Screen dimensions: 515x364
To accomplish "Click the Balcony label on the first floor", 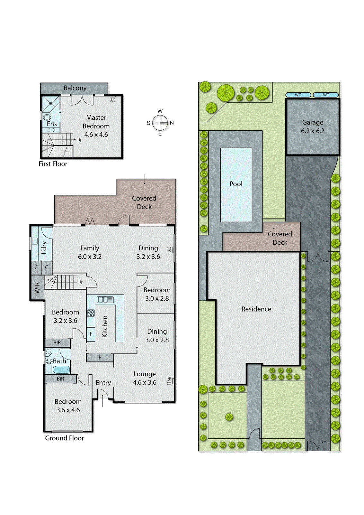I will click(x=75, y=88).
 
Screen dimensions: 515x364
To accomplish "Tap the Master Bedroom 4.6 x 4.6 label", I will click(x=96, y=126).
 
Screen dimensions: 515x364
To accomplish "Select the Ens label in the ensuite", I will click(x=52, y=124).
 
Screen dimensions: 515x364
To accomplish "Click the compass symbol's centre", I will click(x=160, y=123).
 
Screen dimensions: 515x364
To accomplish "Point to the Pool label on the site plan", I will click(x=236, y=184).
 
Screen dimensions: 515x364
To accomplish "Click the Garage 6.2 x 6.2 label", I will click(x=313, y=126).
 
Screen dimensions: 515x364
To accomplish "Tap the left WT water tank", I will click(x=298, y=95).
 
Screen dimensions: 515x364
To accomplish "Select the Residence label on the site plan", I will click(x=256, y=309).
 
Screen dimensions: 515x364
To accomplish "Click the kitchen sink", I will click(x=105, y=300).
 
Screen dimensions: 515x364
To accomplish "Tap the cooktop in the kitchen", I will click(x=91, y=313).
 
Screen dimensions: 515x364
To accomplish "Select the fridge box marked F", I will click(x=91, y=334).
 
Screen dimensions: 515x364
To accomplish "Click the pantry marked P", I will click(x=100, y=357).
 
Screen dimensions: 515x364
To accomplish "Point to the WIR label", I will click(x=37, y=287).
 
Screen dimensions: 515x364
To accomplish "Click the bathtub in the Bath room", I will click(x=61, y=370).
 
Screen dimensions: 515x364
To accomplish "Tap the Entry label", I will click(x=103, y=383).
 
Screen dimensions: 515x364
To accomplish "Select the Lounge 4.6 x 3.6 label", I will click(x=145, y=378).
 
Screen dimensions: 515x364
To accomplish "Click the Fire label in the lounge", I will click(x=169, y=381).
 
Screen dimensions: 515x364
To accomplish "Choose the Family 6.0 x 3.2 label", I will click(x=90, y=252).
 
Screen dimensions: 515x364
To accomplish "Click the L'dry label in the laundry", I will click(x=44, y=248).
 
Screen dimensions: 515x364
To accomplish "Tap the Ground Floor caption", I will click(x=64, y=438).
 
